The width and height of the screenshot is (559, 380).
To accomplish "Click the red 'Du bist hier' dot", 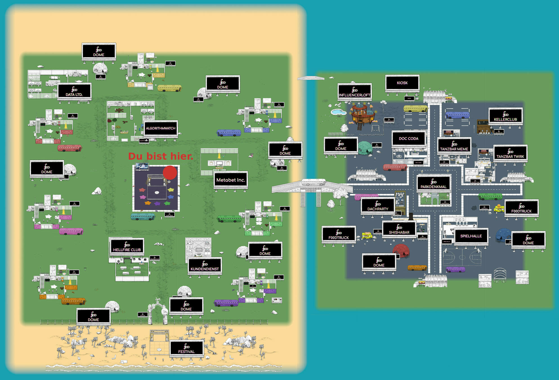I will point(170,173).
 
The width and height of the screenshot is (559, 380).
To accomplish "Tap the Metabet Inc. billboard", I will point(231,180).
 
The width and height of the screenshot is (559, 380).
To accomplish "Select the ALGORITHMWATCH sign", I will point(160,128).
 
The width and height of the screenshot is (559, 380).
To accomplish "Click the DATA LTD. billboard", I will point(74,91).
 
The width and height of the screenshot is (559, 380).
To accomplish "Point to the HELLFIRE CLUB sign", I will point(127,246).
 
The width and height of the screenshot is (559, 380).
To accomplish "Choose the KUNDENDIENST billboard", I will point(205,265).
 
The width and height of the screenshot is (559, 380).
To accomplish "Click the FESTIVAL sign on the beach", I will point(186,348).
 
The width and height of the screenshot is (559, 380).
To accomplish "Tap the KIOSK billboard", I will point(402,83).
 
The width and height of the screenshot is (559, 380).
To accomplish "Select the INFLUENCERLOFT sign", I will point(354,92).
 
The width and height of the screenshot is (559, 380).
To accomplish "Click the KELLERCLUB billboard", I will point(506,116).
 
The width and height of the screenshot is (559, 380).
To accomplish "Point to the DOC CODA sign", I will point(408,138).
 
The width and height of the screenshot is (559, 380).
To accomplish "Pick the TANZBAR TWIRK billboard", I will point(510,153).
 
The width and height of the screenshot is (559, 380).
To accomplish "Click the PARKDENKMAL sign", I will point(433,183).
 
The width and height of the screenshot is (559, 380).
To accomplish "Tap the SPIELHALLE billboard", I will point(471,236).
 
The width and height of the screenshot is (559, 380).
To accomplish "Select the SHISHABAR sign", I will point(399,229).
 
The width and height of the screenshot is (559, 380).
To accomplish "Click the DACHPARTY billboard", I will point(378,206).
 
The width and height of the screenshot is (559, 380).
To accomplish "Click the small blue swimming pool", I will point(338,112).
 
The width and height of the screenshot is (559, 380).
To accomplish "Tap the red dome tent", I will point(401,250).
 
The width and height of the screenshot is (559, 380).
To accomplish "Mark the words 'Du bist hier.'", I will point(160,156).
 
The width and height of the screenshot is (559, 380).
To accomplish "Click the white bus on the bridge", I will point(313,182).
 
